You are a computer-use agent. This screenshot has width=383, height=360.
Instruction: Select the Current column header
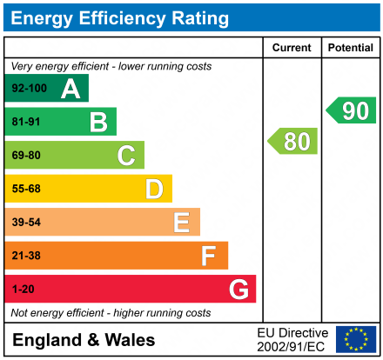click(292, 48)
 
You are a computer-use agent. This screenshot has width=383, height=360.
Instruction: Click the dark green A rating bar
click(46, 88)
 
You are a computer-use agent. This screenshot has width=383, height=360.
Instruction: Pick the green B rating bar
click(60, 122)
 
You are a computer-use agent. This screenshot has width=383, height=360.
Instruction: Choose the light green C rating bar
click(74, 155)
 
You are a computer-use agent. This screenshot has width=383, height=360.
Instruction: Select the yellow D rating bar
click(88, 189)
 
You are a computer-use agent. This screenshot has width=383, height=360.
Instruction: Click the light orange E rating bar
click(102, 222)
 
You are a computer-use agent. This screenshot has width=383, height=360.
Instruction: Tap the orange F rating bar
click(116, 256)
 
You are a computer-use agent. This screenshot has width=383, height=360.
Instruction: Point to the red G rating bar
click(130, 289)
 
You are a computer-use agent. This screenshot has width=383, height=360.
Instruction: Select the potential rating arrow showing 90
click(351, 110)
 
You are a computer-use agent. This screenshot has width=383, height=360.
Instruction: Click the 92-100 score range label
click(29, 89)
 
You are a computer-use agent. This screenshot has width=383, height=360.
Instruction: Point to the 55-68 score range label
click(27, 189)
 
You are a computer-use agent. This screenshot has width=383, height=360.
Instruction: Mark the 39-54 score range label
click(27, 223)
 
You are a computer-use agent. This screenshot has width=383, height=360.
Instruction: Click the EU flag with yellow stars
click(356, 339)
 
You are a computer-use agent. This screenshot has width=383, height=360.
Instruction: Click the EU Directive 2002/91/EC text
click(292, 339)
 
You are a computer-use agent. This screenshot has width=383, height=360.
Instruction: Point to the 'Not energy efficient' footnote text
click(110, 312)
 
